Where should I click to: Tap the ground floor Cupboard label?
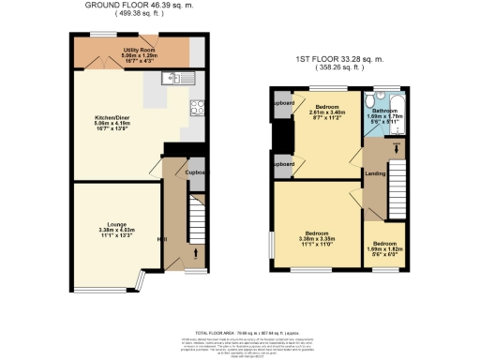click(195, 172)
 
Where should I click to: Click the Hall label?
click(162, 239)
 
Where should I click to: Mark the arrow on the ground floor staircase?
click(195, 251)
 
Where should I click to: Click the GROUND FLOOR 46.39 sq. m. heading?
click(141, 6)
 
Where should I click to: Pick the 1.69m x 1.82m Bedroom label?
click(386, 247)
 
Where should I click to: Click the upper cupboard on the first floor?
click(284, 102)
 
